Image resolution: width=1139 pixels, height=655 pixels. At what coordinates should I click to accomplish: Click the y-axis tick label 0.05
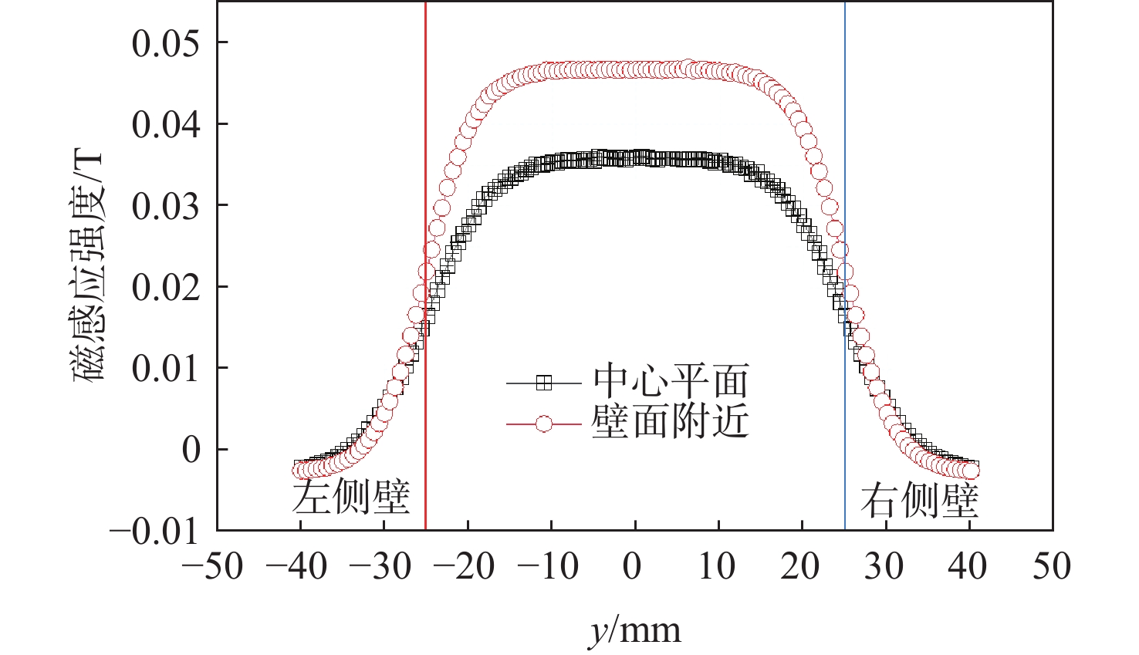pyautogui.click(x=165, y=43)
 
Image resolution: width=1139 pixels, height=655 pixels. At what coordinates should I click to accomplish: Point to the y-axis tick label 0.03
pyautogui.click(x=165, y=206)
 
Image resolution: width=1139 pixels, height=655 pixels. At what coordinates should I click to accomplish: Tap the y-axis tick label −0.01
pyautogui.click(x=154, y=532)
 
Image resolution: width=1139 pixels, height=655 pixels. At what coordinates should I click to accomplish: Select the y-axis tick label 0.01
pyautogui.click(x=165, y=369)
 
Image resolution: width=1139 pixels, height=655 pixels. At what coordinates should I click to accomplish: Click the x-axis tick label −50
pyautogui.click(x=212, y=567)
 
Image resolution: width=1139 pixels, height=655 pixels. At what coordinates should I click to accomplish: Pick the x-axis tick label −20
pyautogui.click(x=463, y=567)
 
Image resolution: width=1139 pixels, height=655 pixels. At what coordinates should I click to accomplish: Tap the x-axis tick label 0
pyautogui.click(x=632, y=567)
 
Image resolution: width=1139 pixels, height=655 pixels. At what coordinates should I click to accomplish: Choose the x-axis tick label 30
pyautogui.click(x=884, y=567)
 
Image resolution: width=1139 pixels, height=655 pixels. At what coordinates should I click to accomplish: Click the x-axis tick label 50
pyautogui.click(x=1052, y=567)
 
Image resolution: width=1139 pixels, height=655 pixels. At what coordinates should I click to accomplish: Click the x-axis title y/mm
pyautogui.click(x=635, y=631)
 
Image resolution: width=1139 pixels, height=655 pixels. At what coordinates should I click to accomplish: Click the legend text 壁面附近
pyautogui.click(x=671, y=422)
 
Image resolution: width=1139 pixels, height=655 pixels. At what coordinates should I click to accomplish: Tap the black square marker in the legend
pyautogui.click(x=544, y=383)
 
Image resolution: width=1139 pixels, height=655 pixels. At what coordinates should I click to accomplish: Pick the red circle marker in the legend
pyautogui.click(x=544, y=424)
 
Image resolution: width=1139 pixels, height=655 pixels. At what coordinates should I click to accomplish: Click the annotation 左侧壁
pyautogui.click(x=351, y=498)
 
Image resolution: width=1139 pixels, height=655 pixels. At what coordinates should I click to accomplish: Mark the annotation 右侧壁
pyautogui.click(x=919, y=501)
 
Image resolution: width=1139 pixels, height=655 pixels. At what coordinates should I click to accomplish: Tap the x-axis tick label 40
pyautogui.click(x=967, y=567)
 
